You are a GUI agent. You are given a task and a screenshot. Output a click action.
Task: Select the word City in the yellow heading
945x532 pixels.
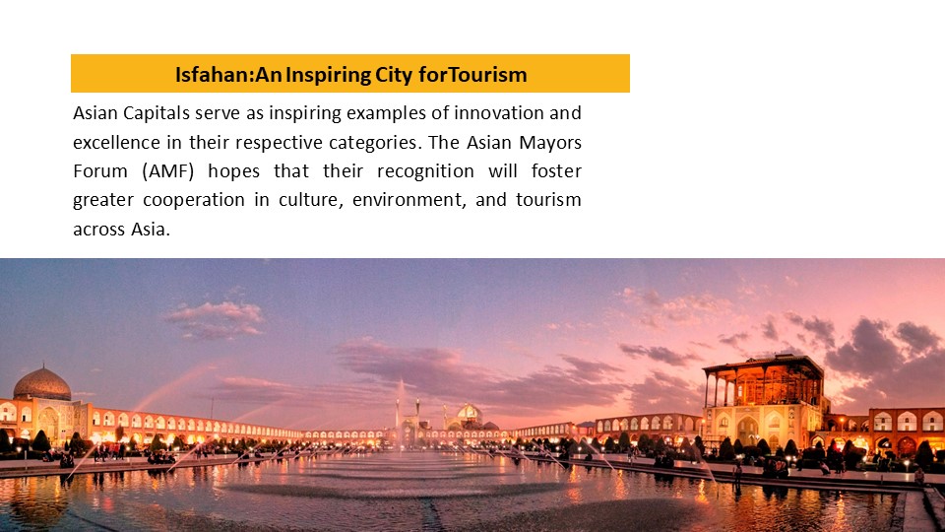coord(394,76)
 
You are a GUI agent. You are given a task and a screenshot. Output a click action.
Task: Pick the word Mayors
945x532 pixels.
coord(550,142)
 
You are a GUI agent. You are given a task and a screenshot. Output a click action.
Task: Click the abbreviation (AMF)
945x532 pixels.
coord(168,171)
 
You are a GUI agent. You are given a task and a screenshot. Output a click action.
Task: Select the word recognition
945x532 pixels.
coord(425,171)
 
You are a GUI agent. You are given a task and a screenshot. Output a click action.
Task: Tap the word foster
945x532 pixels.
coord(556,170)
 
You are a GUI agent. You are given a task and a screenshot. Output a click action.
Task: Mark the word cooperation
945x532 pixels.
coord(194,200)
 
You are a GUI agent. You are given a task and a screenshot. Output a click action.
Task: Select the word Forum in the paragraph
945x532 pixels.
coord(100,171)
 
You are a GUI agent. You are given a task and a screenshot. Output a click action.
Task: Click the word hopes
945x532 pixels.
coord(234,171)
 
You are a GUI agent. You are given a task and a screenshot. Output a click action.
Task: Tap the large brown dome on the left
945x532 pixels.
coord(41,384)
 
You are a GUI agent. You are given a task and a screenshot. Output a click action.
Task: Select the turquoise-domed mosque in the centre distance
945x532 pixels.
coord(469,415)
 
